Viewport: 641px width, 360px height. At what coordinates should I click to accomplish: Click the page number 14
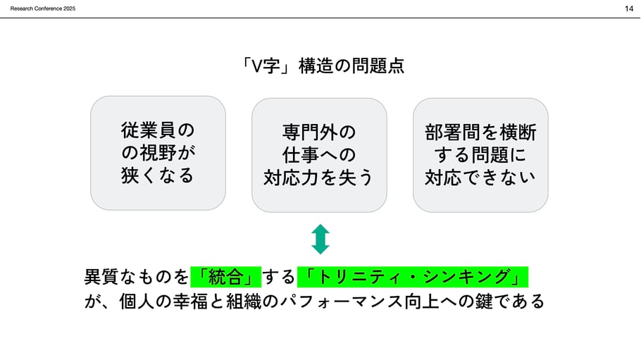click(628, 8)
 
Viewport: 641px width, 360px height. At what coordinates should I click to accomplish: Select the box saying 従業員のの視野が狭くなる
click(158, 153)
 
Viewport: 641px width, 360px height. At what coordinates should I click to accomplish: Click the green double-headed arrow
click(320, 240)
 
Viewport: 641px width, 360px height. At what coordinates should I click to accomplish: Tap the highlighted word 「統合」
click(226, 275)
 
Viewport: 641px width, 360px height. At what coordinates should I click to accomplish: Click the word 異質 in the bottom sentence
click(101, 275)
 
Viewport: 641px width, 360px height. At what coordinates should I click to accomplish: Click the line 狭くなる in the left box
click(158, 175)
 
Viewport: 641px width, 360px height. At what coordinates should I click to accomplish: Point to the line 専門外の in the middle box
click(319, 132)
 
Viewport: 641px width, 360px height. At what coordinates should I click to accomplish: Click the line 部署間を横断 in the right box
click(480, 132)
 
